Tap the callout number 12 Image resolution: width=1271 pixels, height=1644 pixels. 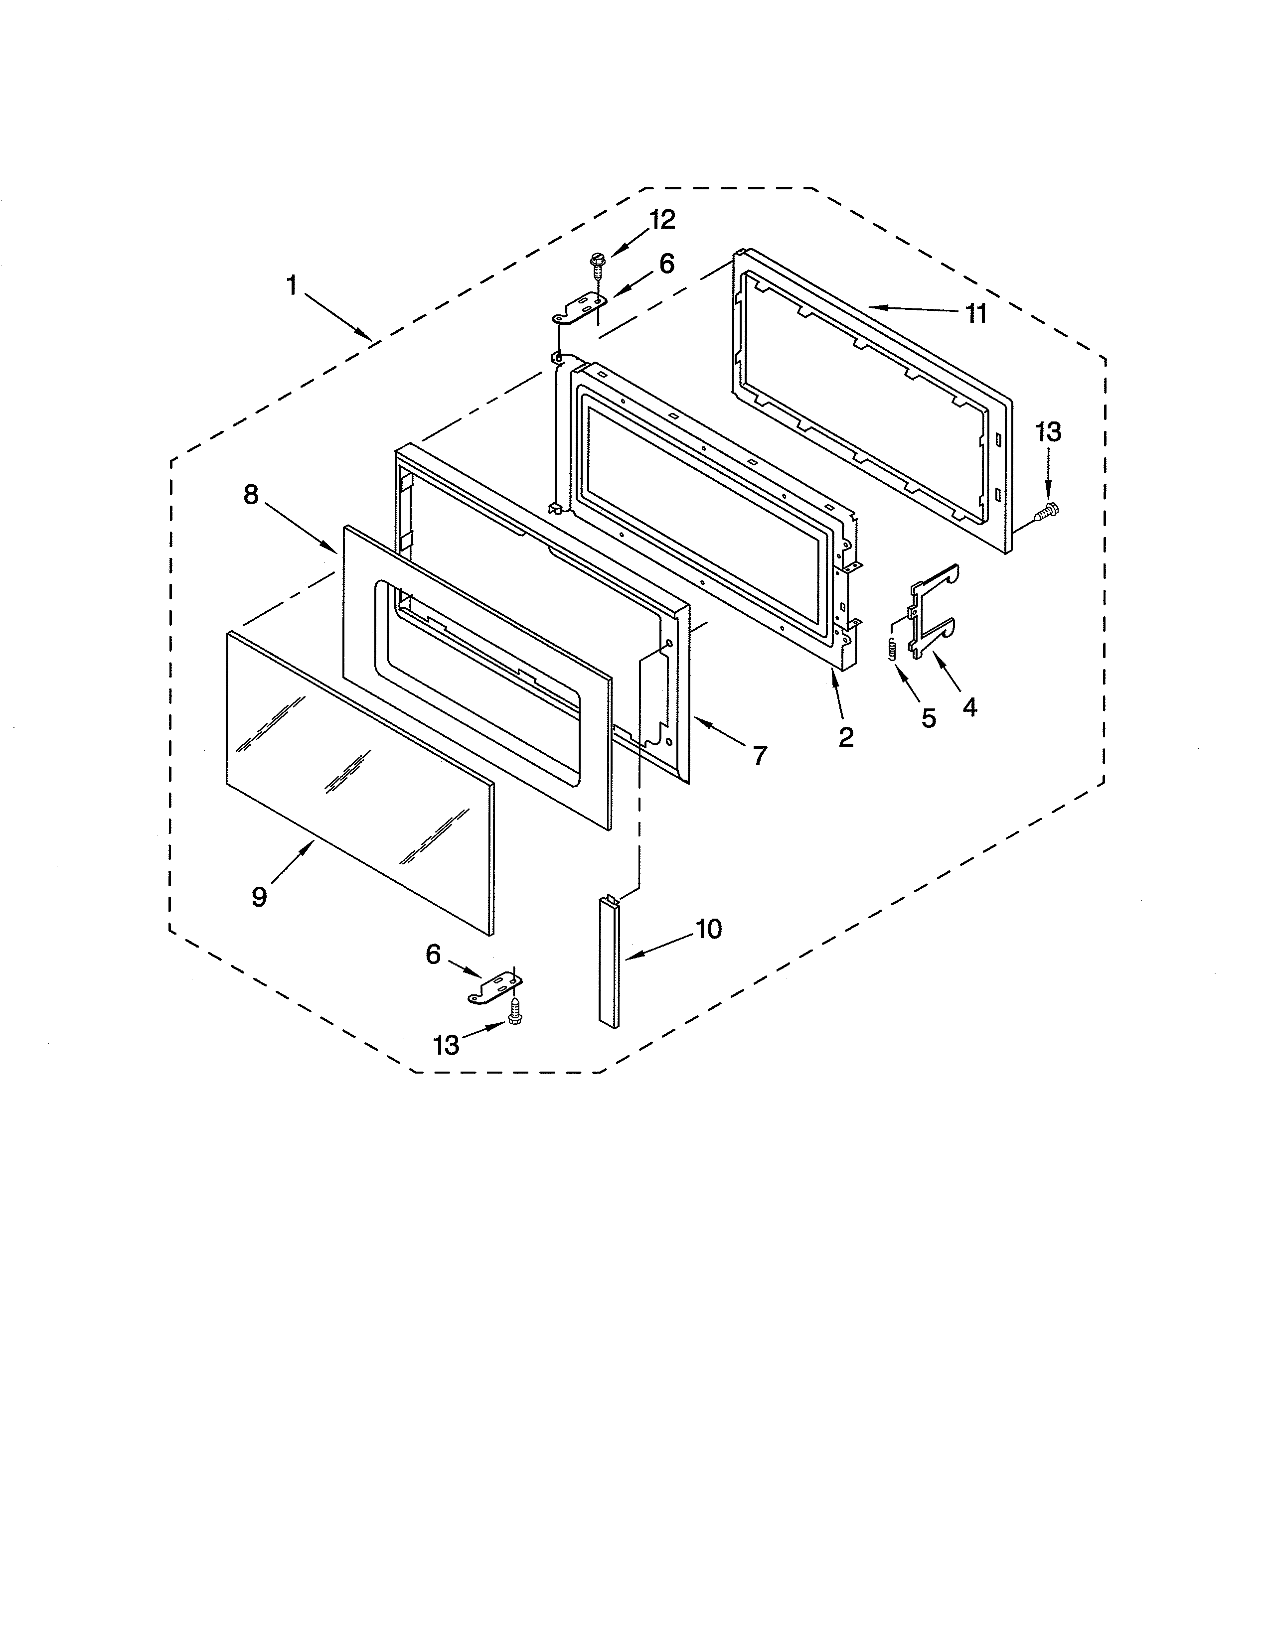(x=662, y=220)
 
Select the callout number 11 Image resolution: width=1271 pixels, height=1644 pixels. (x=976, y=313)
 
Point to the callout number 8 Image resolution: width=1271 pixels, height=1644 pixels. (x=251, y=495)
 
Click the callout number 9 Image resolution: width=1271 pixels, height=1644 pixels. (x=259, y=897)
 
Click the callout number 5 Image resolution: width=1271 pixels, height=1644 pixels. (x=929, y=719)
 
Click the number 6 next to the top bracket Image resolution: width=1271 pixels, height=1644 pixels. (x=666, y=264)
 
